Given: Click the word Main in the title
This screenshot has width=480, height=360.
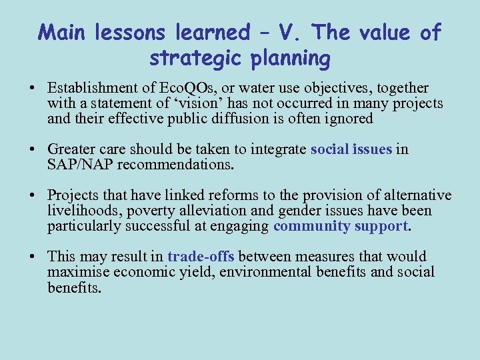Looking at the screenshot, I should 65,31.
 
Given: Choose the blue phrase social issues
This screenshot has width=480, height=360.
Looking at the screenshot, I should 351,149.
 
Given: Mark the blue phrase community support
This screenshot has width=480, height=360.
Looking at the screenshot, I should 340,226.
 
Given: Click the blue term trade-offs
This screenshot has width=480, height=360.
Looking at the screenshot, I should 201,257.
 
